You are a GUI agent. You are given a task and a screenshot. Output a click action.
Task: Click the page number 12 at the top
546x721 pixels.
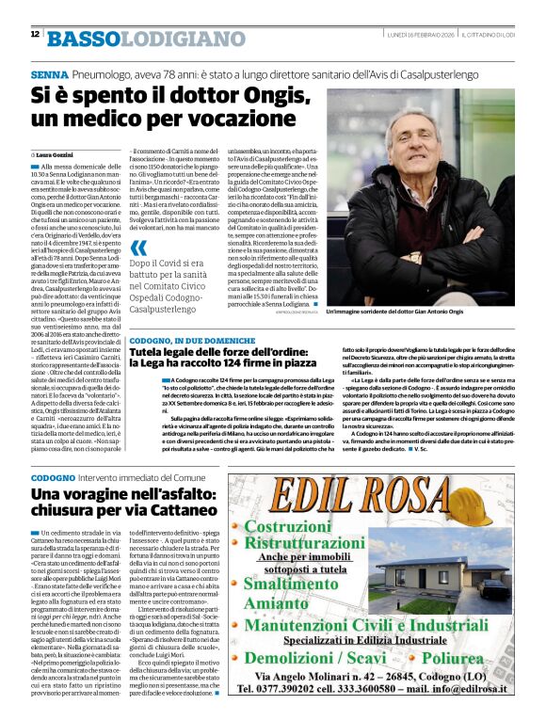35,34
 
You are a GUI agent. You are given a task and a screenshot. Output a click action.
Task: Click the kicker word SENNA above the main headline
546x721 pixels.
49,74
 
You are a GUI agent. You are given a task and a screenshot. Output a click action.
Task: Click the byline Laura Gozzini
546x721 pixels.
58,153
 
